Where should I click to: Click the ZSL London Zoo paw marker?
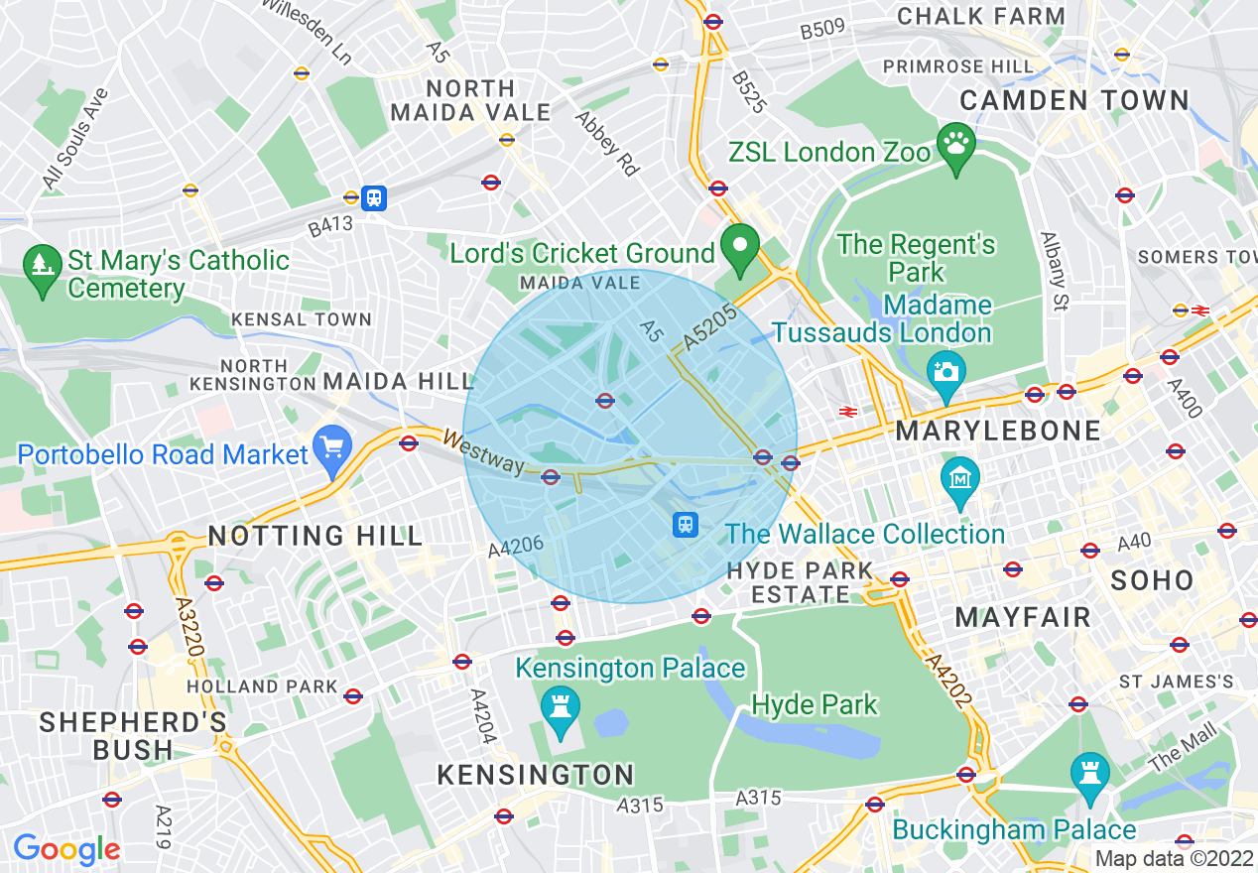tap(956, 148)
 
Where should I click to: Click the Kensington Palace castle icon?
tap(561, 707)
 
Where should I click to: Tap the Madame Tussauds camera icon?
tap(945, 372)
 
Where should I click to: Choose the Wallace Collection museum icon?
tap(960, 479)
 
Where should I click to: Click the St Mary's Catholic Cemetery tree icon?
tap(42, 266)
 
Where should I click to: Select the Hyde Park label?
tap(815, 705)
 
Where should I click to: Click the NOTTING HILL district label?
tap(315, 537)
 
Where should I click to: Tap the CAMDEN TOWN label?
tap(1074, 100)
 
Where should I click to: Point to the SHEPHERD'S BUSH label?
tap(133, 735)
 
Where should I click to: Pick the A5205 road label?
tap(710, 328)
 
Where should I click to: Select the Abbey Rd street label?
tap(607, 143)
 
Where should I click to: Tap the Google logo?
tap(66, 849)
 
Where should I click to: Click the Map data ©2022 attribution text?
tap(1174, 859)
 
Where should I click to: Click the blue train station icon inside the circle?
tap(685, 524)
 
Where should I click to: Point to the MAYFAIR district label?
tap(1023, 617)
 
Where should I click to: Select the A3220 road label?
tap(189, 624)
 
